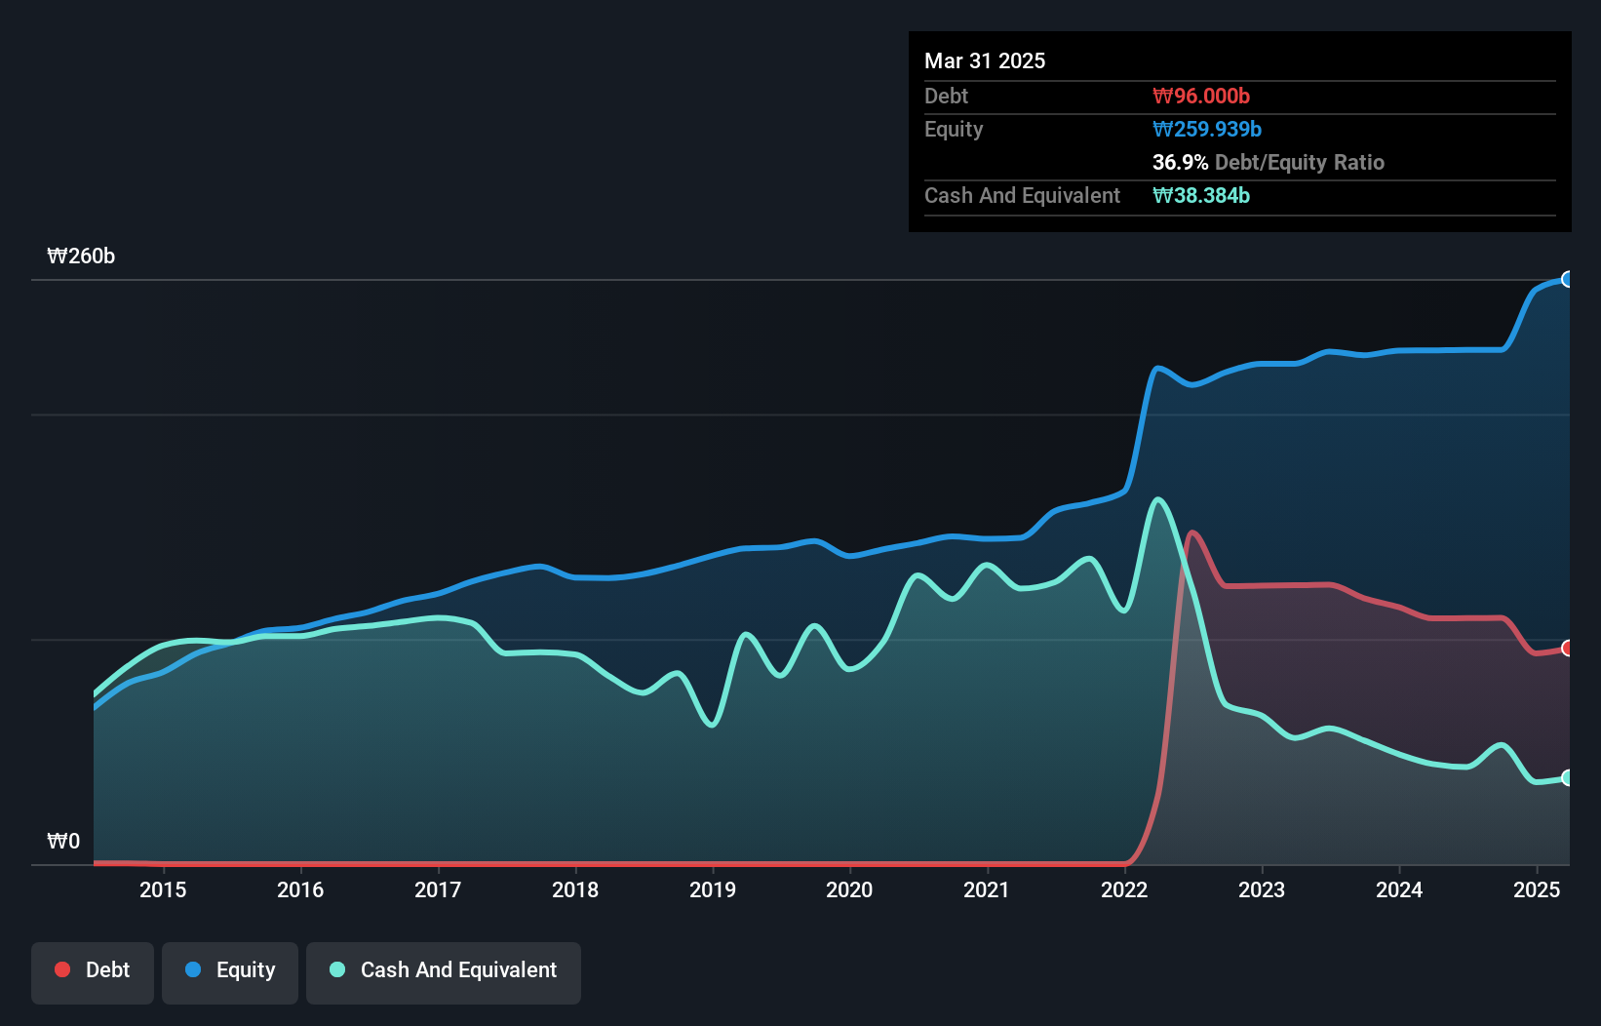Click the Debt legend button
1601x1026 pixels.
point(93,970)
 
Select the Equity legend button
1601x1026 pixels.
point(230,970)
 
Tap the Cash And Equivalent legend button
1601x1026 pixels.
point(444,970)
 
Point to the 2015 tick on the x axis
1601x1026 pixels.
point(163,889)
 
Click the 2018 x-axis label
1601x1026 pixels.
point(575,889)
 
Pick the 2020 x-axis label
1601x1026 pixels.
point(849,889)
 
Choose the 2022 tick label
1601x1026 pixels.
point(1124,889)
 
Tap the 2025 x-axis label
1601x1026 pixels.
point(1537,889)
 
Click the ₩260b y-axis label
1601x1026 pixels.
point(81,256)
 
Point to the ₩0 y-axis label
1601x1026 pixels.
point(63,842)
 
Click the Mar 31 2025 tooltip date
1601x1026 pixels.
point(985,61)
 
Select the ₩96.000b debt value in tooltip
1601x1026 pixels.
point(1201,97)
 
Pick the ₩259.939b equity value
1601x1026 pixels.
point(1207,130)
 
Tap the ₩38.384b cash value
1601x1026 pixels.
point(1201,196)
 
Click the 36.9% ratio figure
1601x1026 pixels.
point(1180,163)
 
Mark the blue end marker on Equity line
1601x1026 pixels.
point(1567,280)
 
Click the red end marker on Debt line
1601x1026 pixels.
point(1567,649)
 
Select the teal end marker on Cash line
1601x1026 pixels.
point(1567,777)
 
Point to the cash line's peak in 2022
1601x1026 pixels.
point(1158,500)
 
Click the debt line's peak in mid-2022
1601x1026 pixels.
point(1191,533)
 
